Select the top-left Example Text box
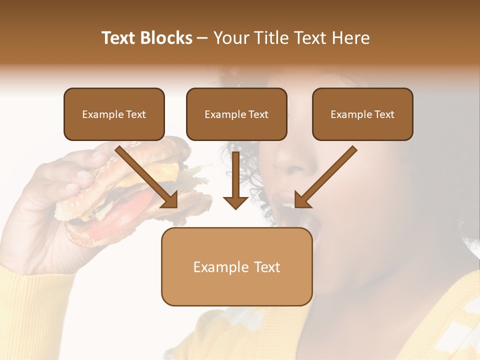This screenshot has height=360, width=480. pos(114,114)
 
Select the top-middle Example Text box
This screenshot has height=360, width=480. pos(236,114)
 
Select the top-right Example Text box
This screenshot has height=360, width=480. pos(362,114)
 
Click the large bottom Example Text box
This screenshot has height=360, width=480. pos(236,267)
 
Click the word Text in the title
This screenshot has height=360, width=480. pos(120,38)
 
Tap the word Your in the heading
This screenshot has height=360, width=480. pos(230,38)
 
